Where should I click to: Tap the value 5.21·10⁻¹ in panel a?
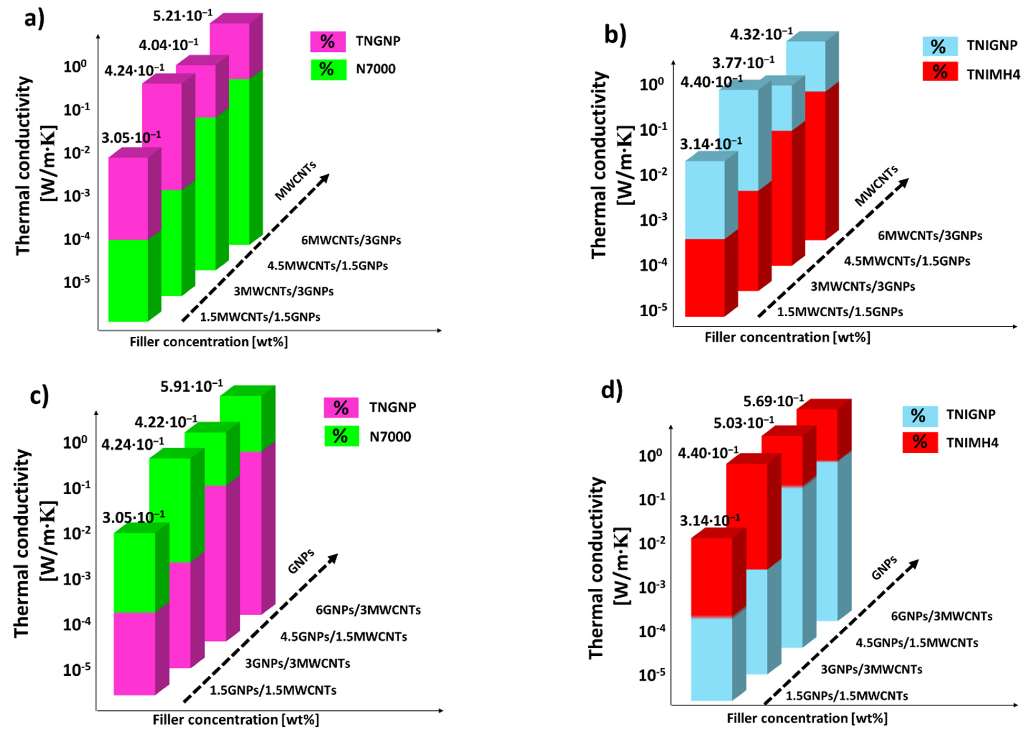(182, 16)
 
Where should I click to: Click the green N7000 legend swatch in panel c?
(341, 436)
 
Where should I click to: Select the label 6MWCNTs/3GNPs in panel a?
(351, 240)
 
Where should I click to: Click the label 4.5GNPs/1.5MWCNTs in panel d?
(917, 643)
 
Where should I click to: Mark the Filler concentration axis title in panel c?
(236, 720)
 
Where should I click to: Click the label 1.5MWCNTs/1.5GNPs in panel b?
(840, 312)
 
